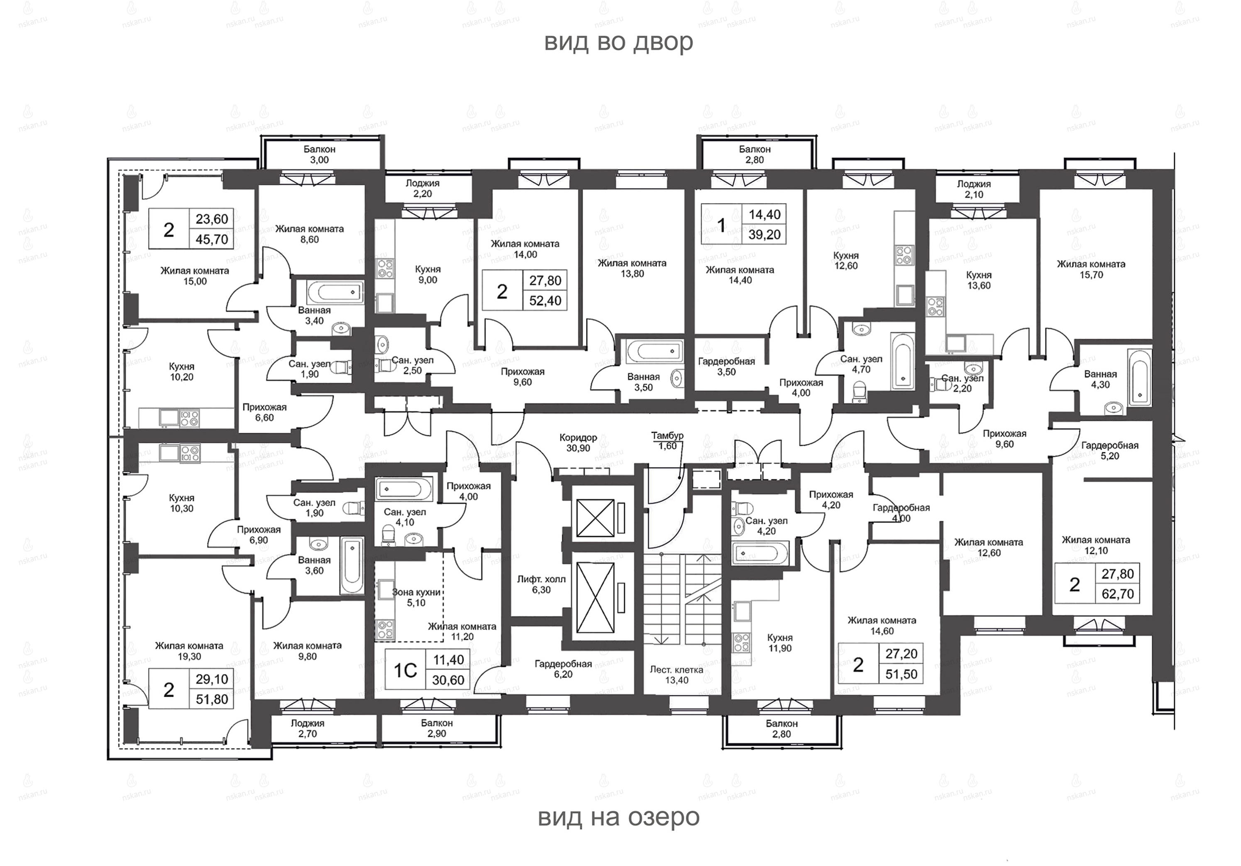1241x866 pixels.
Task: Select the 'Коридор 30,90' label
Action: point(578,442)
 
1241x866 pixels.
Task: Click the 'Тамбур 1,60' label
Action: point(667,440)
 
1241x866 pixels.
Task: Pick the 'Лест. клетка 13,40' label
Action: point(677,675)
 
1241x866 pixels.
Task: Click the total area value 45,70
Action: point(212,239)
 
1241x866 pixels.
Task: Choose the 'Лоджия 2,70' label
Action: point(308,728)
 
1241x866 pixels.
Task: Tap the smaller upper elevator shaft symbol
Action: point(596,518)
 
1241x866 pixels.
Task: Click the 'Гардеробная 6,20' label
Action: point(564,669)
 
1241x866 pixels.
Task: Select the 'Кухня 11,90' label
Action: point(780,643)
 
